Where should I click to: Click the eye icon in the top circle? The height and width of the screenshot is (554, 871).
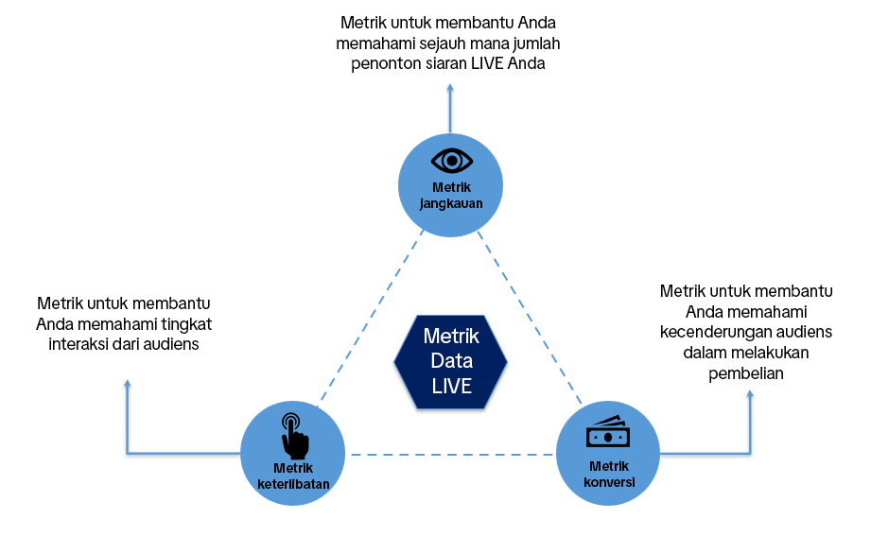point(451,159)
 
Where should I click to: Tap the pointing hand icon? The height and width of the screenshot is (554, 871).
point(294,434)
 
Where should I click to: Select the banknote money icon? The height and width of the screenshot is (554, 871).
point(607,433)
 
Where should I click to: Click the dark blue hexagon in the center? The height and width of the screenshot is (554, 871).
point(450,361)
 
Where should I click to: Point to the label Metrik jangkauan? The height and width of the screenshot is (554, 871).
point(450,195)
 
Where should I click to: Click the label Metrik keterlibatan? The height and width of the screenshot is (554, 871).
point(293,476)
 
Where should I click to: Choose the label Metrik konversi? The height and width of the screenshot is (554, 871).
point(608,473)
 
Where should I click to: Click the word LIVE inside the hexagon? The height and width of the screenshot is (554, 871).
point(451,386)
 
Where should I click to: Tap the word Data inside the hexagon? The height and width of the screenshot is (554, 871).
point(451,361)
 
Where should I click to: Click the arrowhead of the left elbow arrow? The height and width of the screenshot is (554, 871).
point(127,384)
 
